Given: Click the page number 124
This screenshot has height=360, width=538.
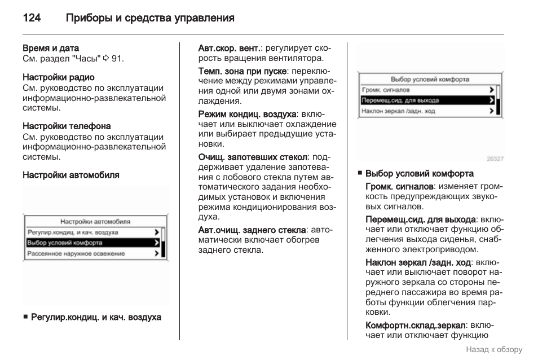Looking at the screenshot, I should coord(32,19).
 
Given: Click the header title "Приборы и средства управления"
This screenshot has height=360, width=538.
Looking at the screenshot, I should coord(150,19).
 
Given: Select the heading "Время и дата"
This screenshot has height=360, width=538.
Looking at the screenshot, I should coord(51,48).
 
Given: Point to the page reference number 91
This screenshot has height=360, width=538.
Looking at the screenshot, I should coord(117,58).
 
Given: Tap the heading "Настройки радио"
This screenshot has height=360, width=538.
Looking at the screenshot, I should coord(59,77).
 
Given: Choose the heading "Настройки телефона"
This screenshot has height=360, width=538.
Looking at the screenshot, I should coord(67,126).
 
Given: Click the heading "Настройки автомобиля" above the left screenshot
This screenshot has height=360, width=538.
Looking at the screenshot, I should coord(71,175).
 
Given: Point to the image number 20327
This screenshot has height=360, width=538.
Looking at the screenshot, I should coord(495,159).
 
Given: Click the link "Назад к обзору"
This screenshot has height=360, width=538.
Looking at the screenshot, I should coord(494,349).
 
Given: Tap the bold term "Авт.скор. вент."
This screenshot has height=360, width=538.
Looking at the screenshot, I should coord(230,48).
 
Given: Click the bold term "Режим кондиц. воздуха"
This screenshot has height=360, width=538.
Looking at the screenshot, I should coord(247,114).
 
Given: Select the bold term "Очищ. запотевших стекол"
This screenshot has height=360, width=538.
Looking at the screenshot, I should coord(253,156).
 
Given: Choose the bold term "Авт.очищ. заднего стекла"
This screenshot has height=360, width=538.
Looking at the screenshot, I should coord(252,230).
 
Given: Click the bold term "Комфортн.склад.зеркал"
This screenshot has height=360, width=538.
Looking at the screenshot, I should coord(415,326).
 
